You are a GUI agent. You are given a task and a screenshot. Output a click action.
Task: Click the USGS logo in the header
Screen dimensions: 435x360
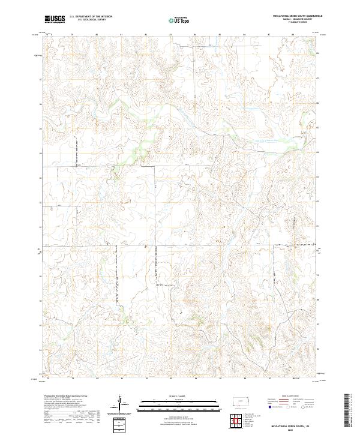click(55, 19)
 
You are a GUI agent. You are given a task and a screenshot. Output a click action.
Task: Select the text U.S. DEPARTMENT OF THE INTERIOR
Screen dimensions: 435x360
click(91, 17)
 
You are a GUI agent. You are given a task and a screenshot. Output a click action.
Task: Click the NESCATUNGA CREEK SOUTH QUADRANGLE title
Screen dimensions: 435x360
click(292, 17)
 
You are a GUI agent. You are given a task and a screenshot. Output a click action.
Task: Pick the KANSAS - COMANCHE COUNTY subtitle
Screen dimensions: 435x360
click(292, 20)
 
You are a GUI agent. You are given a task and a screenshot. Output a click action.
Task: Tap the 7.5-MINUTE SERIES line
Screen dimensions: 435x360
click(292, 23)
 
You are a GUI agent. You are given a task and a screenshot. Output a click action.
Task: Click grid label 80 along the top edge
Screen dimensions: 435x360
click(97, 35)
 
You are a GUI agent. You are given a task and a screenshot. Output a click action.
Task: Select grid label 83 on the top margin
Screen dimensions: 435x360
click(171, 35)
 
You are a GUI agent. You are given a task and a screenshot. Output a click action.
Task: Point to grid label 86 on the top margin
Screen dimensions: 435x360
click(244, 35)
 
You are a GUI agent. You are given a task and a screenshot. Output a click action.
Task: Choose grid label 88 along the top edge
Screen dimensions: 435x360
click(293, 35)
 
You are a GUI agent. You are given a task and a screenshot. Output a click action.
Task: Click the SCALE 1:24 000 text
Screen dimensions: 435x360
click(171, 395)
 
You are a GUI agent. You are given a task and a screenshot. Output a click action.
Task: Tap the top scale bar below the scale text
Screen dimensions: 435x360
click(171, 400)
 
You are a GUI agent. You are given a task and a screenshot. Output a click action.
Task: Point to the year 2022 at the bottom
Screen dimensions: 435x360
click(291, 430)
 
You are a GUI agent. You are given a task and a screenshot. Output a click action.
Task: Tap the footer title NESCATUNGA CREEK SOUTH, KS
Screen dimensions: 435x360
click(291, 426)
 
